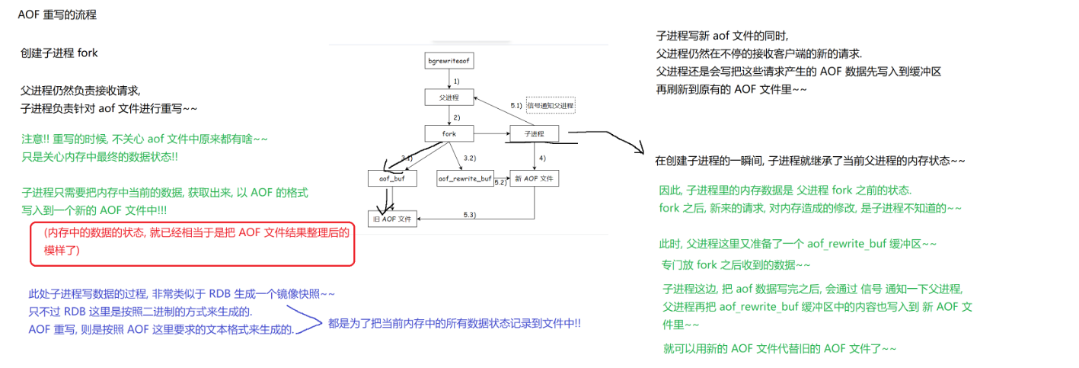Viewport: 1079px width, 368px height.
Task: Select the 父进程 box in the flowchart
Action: [x=449, y=98]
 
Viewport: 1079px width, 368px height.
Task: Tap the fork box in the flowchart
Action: [x=449, y=134]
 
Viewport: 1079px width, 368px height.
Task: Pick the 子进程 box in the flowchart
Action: [x=534, y=134]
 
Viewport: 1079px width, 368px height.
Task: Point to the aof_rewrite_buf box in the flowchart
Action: [x=464, y=178]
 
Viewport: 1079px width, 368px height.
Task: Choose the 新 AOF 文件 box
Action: [x=535, y=178]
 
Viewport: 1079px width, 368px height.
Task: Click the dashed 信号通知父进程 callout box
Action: [x=550, y=105]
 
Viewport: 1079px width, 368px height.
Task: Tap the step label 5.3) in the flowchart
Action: [x=470, y=216]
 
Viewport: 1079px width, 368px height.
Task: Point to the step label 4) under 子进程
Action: [x=542, y=157]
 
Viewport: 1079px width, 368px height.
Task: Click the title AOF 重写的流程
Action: [x=57, y=15]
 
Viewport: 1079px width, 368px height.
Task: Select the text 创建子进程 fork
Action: [x=59, y=53]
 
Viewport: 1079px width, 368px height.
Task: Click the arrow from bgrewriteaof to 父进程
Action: [x=449, y=79]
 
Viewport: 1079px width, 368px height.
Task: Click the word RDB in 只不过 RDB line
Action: [x=74, y=312]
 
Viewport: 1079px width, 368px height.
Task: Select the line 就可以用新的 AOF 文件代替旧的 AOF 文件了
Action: [x=780, y=349]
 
